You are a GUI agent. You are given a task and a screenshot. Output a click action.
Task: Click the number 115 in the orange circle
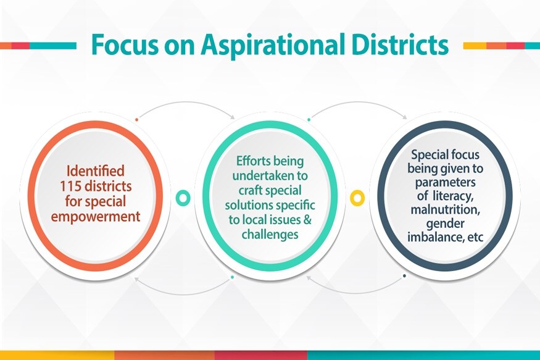[x=70, y=186]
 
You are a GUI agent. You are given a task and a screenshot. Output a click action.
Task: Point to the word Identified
[x=96, y=170]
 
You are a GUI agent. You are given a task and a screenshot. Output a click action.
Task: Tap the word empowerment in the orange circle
[x=96, y=217]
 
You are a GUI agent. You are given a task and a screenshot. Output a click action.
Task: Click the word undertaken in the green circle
[x=270, y=175]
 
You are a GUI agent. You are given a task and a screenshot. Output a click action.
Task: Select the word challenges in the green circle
[x=270, y=234]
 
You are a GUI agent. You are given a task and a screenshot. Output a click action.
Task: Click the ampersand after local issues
[x=307, y=219]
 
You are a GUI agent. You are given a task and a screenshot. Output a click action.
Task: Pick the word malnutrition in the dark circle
[x=445, y=209]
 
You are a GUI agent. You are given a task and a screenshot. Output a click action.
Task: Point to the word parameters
[x=445, y=182]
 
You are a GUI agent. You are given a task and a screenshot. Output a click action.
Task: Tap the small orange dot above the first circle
[x=137, y=120]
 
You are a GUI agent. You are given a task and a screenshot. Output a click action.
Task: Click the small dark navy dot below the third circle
[x=404, y=276]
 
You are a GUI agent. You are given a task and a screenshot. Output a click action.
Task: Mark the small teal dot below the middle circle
[x=233, y=277]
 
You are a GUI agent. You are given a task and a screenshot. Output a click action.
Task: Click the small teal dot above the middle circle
[x=309, y=120]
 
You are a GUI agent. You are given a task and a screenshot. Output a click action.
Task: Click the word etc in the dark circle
[x=475, y=237]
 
